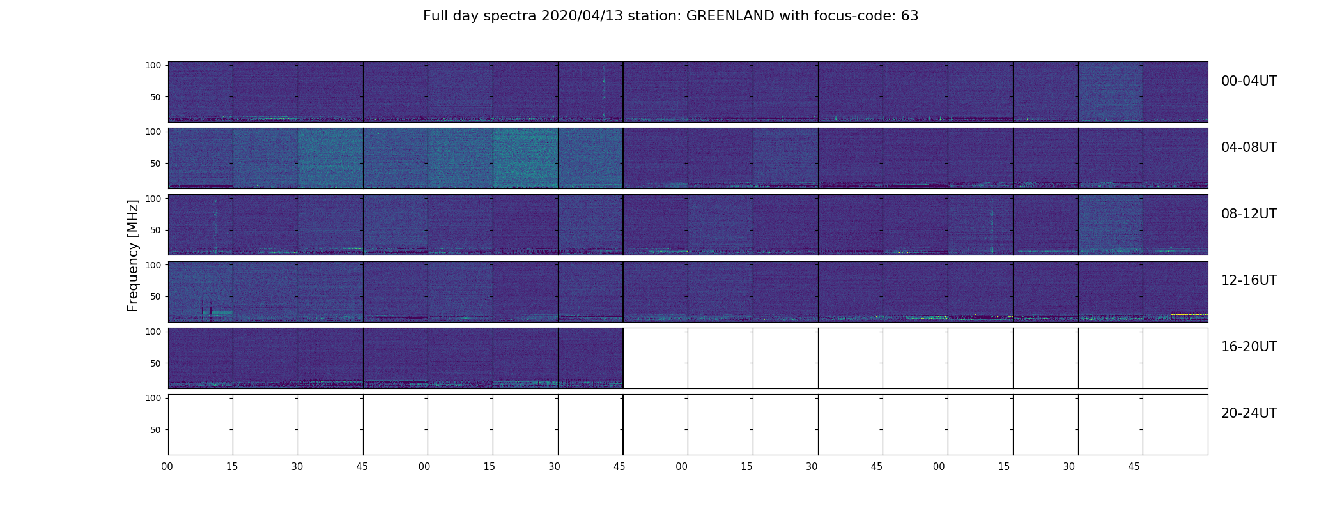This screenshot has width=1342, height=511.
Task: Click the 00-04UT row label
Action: pos(1249,81)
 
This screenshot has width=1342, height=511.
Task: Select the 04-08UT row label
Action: pos(1249,148)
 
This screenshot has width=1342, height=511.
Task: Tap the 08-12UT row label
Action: pos(1249,214)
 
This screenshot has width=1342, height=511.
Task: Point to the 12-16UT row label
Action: pos(1249,280)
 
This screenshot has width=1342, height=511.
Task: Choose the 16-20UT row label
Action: pos(1249,347)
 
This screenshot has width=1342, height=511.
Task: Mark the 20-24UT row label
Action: pos(1249,413)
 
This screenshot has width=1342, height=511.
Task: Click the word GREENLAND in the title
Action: pos(730,16)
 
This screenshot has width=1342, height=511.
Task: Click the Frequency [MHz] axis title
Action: pos(133,256)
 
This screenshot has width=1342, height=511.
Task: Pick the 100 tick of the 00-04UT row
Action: pos(153,65)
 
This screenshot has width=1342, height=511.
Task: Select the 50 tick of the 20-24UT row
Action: pos(156,430)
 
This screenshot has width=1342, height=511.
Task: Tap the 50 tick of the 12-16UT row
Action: pos(156,296)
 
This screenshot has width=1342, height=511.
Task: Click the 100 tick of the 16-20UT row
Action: pos(153,332)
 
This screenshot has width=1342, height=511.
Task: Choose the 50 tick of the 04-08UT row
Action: pos(156,164)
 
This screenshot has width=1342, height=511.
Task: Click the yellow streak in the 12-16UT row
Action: pos(1189,314)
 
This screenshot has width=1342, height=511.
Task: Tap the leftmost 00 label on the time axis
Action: pos(167,467)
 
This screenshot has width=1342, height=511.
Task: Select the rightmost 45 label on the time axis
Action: pos(1134,467)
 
